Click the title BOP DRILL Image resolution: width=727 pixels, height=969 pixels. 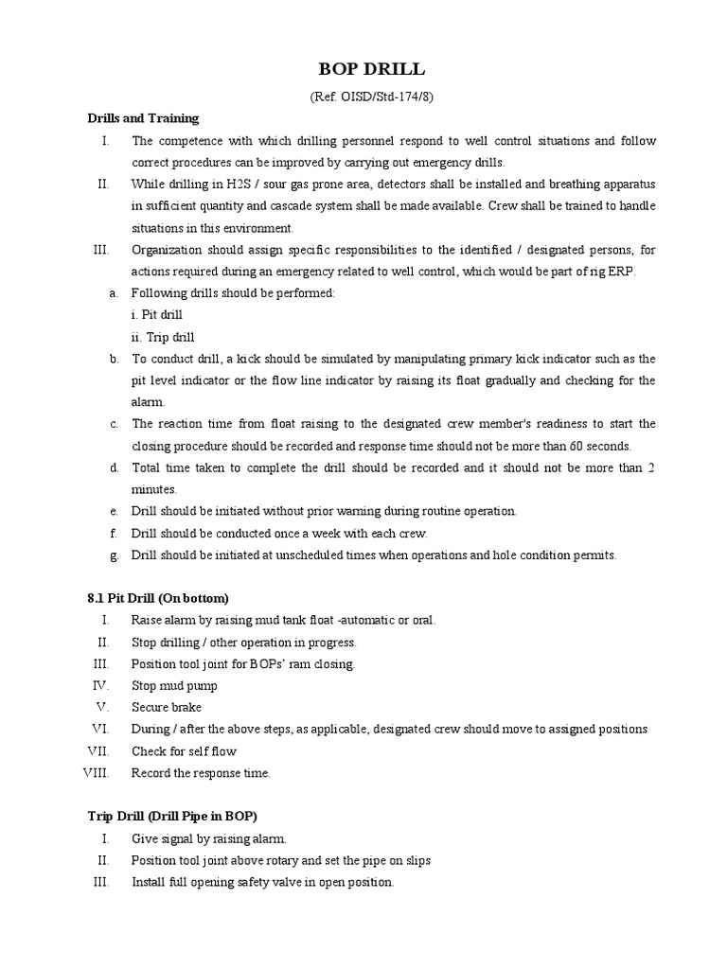pyautogui.click(x=363, y=70)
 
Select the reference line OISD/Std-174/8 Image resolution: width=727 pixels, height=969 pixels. pyautogui.click(x=363, y=97)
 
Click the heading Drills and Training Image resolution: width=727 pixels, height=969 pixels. pyautogui.click(x=143, y=118)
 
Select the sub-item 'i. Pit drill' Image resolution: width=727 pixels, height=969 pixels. pyautogui.click(x=157, y=315)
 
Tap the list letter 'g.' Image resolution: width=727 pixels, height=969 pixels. pyautogui.click(x=114, y=555)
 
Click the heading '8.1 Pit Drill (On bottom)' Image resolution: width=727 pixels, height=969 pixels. pyautogui.click(x=158, y=599)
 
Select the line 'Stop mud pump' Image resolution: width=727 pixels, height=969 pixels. pyautogui.click(x=174, y=686)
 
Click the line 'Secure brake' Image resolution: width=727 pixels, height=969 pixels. pyautogui.click(x=167, y=708)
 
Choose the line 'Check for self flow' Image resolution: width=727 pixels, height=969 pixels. pyautogui.click(x=184, y=751)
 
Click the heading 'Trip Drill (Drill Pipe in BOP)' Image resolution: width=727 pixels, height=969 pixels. pyautogui.click(x=172, y=817)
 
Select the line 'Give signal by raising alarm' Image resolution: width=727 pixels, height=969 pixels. pyautogui.click(x=208, y=838)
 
